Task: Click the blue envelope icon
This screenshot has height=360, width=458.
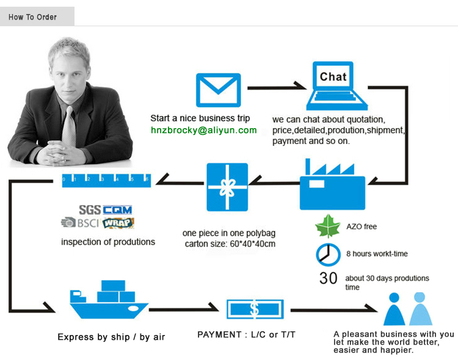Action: click(218, 90)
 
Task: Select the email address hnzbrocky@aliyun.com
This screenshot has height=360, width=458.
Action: click(204, 130)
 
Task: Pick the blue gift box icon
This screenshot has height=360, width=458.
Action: click(227, 187)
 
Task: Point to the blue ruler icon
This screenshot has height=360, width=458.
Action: click(106, 179)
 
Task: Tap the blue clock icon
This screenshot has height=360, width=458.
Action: click(328, 254)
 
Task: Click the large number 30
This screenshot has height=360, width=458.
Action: click(329, 278)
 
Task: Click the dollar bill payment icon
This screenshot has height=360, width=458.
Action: click(254, 309)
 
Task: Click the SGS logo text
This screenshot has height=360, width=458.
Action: click(90, 210)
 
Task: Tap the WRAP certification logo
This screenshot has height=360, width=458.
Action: click(118, 223)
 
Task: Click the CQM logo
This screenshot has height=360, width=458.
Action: click(117, 210)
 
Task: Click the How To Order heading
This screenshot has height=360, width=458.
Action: click(32, 16)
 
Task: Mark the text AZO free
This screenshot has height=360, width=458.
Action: click(362, 227)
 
